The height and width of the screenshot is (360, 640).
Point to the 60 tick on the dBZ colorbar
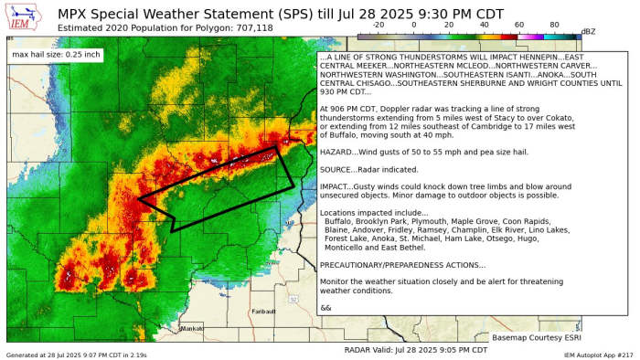click(518, 26)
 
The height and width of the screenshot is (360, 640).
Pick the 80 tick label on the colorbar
click(554, 26)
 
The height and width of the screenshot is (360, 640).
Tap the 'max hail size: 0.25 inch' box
click(57, 55)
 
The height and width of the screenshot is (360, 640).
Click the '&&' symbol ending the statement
click(326, 308)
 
